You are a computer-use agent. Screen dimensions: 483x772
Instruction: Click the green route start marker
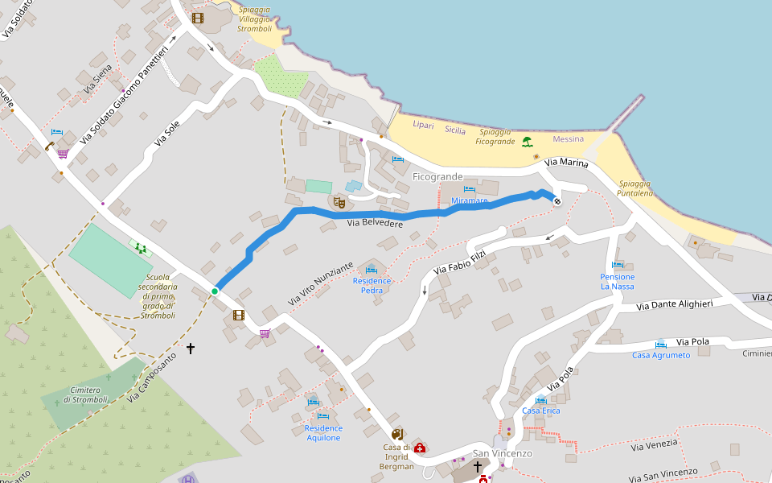[215, 291]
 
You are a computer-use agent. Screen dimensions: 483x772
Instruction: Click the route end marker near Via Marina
[556, 200]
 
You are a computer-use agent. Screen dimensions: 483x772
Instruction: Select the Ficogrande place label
[437, 176]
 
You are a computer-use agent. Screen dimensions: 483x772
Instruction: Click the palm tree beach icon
[527, 142]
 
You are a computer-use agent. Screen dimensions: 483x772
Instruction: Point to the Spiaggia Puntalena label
[634, 188]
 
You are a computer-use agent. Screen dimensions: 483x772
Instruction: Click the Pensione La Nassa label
[617, 281]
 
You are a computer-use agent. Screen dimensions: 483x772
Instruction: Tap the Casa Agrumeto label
[660, 355]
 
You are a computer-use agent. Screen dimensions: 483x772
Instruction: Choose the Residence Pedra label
[372, 285]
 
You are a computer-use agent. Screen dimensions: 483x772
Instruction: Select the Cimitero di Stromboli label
[85, 394]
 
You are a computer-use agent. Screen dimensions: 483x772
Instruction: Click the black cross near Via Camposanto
[191, 349]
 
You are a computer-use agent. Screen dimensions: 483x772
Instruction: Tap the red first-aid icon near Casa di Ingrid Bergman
[420, 447]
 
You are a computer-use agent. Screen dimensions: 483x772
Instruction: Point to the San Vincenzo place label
[502, 453]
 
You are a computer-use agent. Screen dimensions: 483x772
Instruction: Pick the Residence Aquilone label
[322, 433]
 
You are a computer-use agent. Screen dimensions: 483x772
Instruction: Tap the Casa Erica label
[540, 411]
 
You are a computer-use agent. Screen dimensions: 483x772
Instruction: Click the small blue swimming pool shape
[354, 186]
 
